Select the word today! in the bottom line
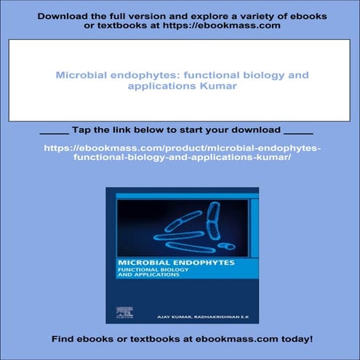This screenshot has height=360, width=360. click(x=292, y=339)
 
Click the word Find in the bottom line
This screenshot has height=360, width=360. click(x=64, y=339)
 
